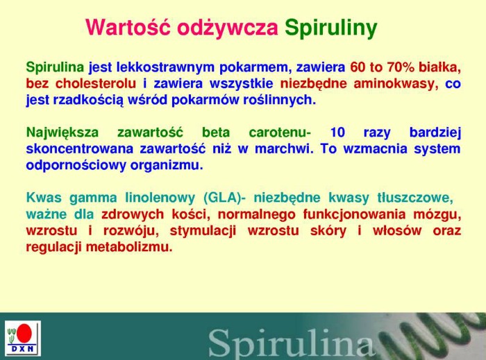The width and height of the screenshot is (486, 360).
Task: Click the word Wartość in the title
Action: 128,27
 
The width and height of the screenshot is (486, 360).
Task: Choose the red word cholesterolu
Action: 96,83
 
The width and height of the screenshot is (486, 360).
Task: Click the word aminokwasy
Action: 396,84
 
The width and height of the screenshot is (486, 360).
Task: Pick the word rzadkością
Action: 88,101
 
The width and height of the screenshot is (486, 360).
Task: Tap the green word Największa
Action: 62,132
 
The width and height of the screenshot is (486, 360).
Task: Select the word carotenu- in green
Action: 279,132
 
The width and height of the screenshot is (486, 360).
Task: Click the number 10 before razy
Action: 337,132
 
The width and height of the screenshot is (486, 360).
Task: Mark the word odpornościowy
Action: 76,165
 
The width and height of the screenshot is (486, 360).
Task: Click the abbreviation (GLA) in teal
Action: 222,198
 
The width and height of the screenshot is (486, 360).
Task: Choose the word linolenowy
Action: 160,198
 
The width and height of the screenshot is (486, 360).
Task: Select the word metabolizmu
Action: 128,247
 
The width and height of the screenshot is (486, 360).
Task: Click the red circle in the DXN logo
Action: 24,334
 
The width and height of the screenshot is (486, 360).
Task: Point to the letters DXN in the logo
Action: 23,349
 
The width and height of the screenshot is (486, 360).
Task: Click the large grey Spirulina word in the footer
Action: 291,343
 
